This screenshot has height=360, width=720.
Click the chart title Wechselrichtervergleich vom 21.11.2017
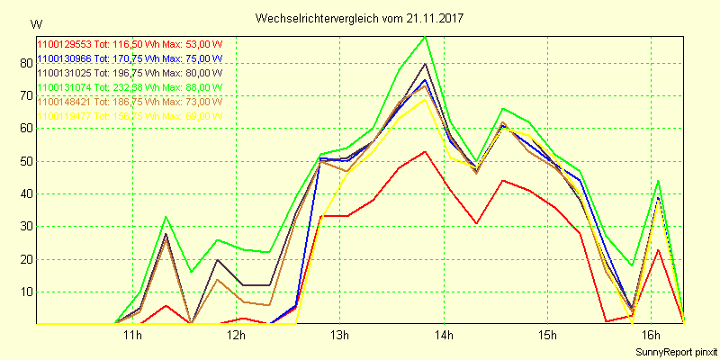pyautogui.click(x=366, y=18)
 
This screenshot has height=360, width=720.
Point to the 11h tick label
pyautogui.click(x=132, y=336)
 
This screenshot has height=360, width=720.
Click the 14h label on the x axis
pyautogui.click(x=443, y=336)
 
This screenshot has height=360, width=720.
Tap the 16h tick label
pyautogui.click(x=650, y=336)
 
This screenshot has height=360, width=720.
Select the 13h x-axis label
pyautogui.click(x=339, y=336)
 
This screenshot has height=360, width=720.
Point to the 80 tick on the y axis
pyautogui.click(x=23, y=63)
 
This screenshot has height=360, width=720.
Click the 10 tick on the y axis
pyautogui.click(x=23, y=292)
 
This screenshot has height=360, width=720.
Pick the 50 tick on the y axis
pyautogui.click(x=23, y=161)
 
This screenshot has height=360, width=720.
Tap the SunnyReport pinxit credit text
pyautogui.click(x=674, y=351)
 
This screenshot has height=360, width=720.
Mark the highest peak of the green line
pyautogui.click(x=425, y=37)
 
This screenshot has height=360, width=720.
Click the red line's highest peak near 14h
pyautogui.click(x=425, y=151)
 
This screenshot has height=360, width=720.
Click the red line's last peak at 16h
pyautogui.click(x=659, y=249)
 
